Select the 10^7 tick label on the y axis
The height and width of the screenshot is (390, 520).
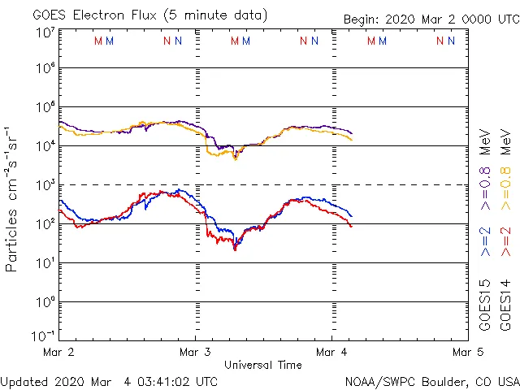pyautogui.click(x=45, y=32)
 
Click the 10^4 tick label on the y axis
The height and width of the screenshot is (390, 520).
pyautogui.click(x=45, y=146)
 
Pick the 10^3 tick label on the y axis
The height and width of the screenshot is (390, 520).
pyautogui.click(x=45, y=185)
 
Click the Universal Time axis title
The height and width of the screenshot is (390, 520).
pyautogui.click(x=262, y=365)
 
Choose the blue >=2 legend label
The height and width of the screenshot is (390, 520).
pyautogui.click(x=485, y=241)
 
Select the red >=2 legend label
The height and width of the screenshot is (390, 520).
pyautogui.click(x=505, y=241)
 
